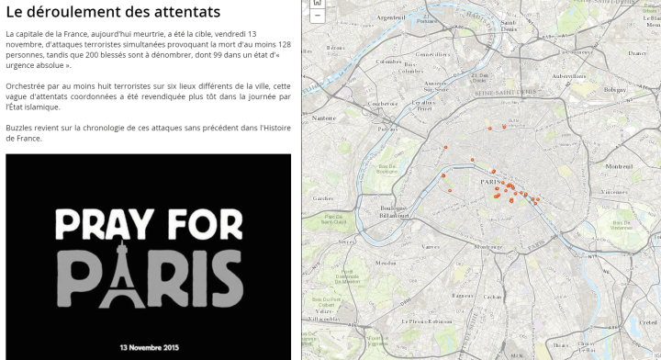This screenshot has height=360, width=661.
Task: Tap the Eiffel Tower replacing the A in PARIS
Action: pos(118,271)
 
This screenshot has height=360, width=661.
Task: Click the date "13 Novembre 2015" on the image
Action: pos(148,347)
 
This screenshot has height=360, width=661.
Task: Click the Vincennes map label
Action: pos(612,191)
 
